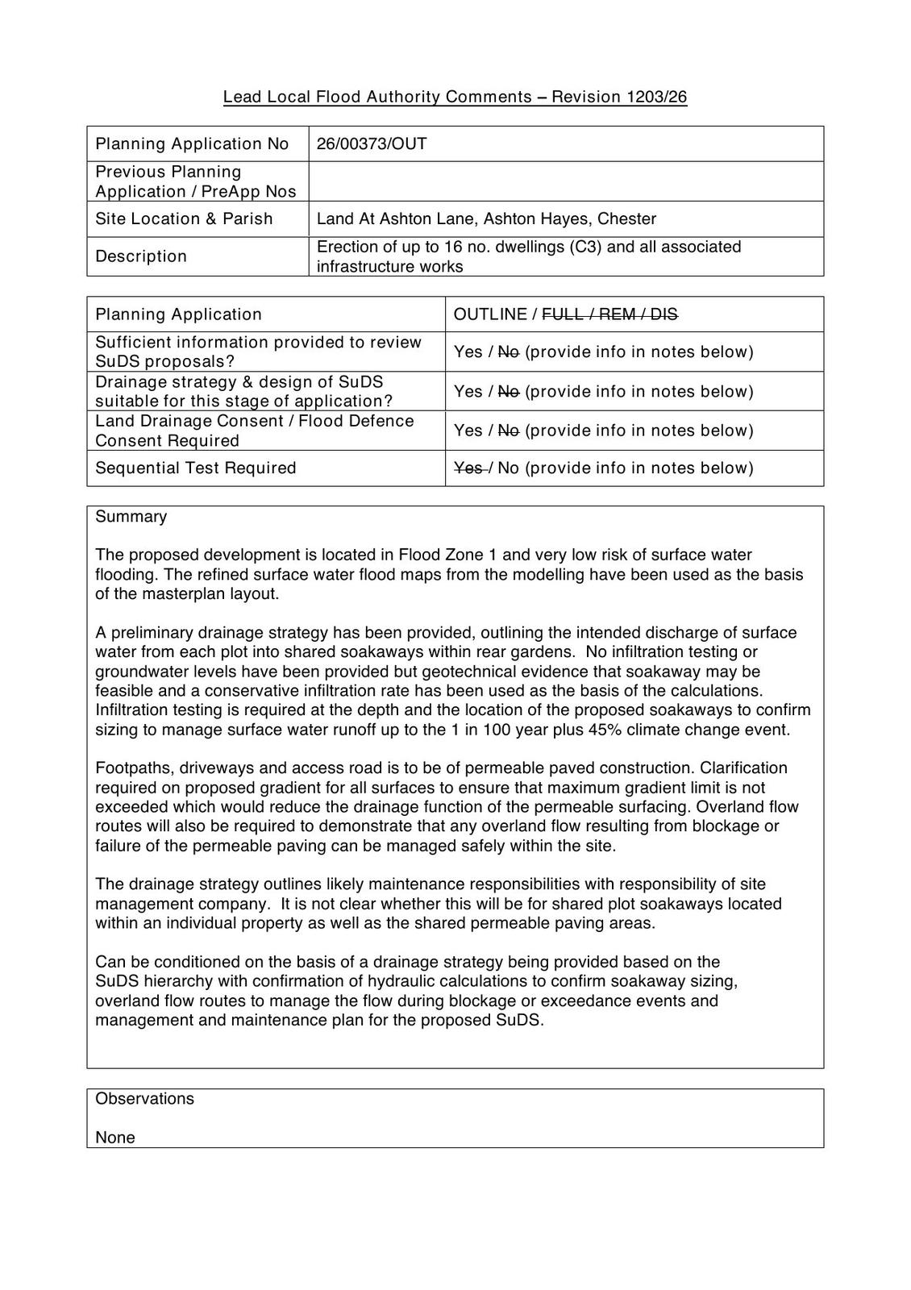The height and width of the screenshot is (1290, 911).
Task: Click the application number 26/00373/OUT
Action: (x=372, y=144)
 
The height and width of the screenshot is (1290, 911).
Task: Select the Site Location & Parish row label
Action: (x=184, y=218)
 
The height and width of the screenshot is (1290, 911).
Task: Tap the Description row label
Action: (x=141, y=256)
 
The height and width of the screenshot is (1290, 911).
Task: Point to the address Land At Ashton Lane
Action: (x=396, y=218)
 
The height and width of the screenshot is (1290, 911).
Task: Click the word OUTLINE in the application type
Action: (x=490, y=314)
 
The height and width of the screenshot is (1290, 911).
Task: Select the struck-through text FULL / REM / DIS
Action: (x=609, y=314)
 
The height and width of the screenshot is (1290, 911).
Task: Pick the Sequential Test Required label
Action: (x=196, y=468)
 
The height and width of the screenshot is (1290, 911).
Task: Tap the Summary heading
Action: (x=131, y=517)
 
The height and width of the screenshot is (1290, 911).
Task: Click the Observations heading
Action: (x=144, y=1099)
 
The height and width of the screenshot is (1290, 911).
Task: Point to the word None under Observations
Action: (x=115, y=1138)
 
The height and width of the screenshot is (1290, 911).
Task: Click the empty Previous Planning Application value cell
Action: (x=564, y=181)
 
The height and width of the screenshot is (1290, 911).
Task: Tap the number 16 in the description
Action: (x=453, y=247)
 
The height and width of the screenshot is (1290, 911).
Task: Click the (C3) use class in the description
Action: (x=585, y=247)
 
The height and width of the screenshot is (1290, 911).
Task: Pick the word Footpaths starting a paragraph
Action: (x=130, y=768)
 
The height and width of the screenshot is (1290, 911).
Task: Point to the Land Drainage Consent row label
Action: (x=254, y=431)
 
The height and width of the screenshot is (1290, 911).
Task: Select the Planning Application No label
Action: (x=192, y=144)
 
